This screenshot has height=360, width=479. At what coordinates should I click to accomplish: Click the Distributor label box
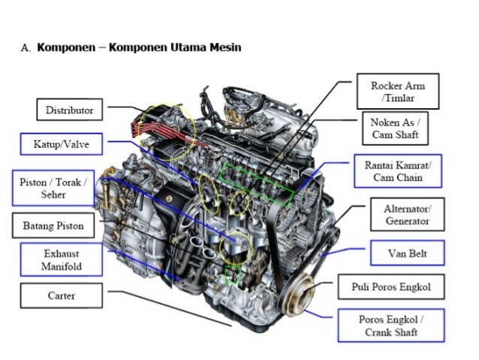click(x=69, y=110)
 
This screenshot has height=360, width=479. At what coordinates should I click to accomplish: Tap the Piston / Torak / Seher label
click(x=53, y=188)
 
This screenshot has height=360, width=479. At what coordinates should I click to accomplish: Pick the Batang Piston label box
click(x=53, y=225)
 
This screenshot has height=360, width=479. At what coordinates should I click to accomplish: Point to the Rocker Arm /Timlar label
click(x=397, y=92)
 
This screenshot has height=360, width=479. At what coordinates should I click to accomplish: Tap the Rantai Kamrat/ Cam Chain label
click(x=398, y=171)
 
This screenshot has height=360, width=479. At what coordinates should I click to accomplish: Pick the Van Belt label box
click(x=407, y=253)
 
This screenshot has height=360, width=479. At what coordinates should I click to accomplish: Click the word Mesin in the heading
click(x=221, y=47)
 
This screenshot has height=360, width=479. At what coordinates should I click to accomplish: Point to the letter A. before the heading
click(x=26, y=48)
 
